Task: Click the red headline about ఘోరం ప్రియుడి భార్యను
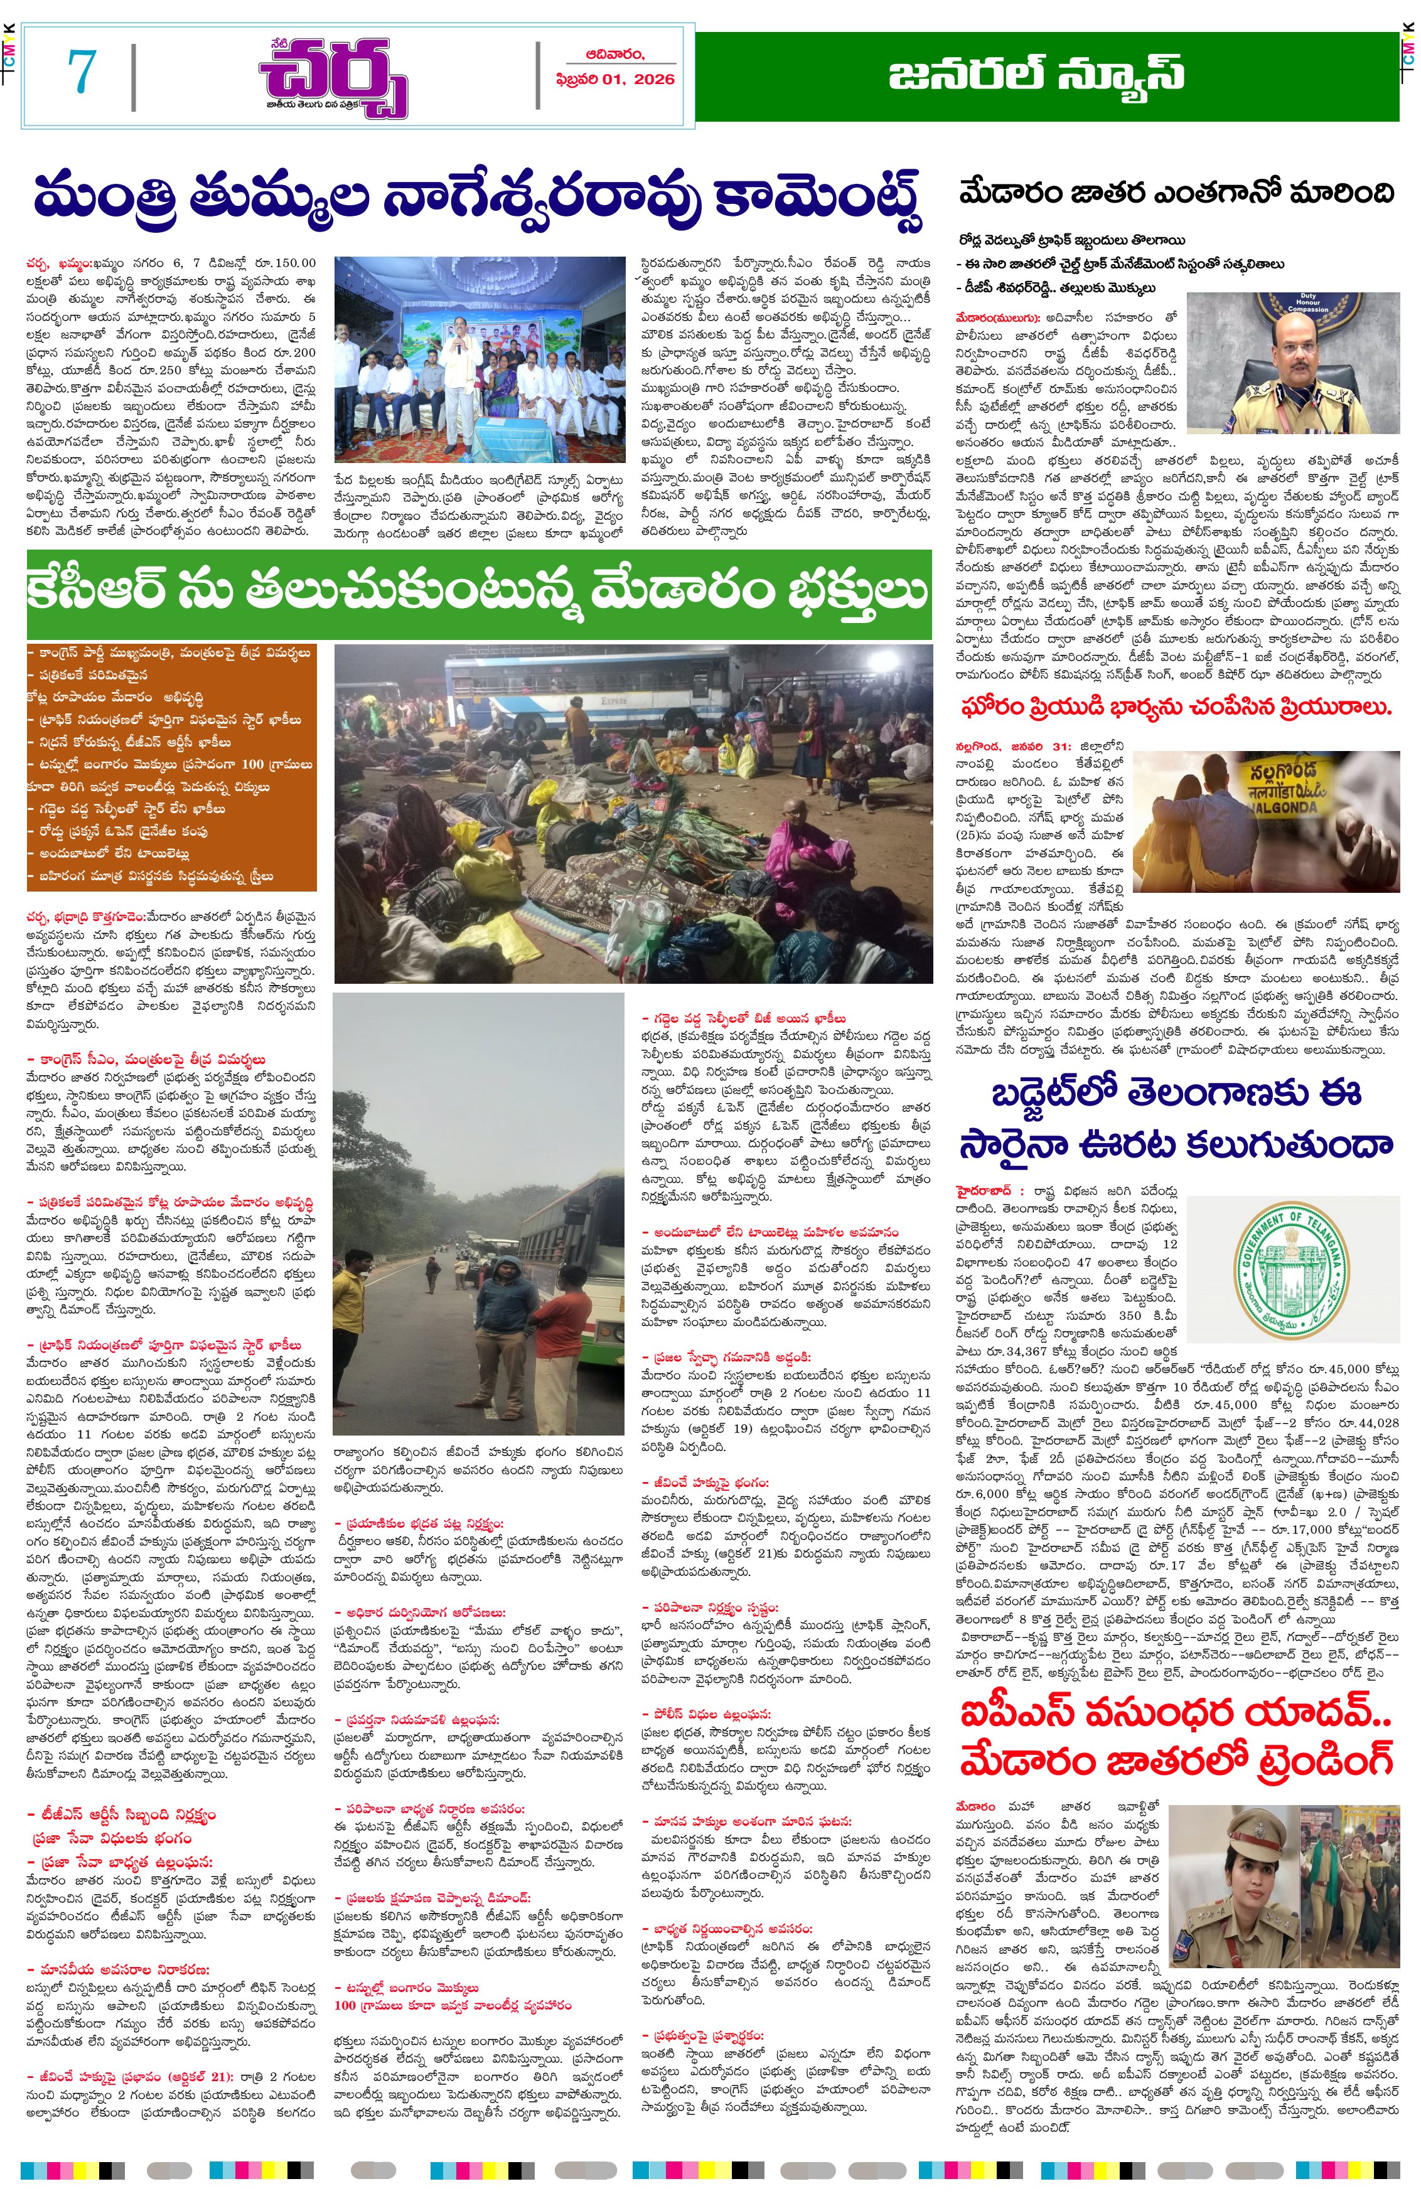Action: click(x=1176, y=708)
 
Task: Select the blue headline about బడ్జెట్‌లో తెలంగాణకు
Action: click(x=1176, y=1118)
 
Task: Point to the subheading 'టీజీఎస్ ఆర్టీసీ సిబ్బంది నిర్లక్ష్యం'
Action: click(x=122, y=1815)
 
